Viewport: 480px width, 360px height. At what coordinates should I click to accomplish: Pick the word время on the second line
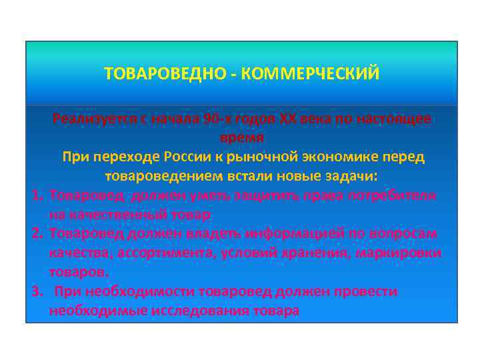click(242, 137)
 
